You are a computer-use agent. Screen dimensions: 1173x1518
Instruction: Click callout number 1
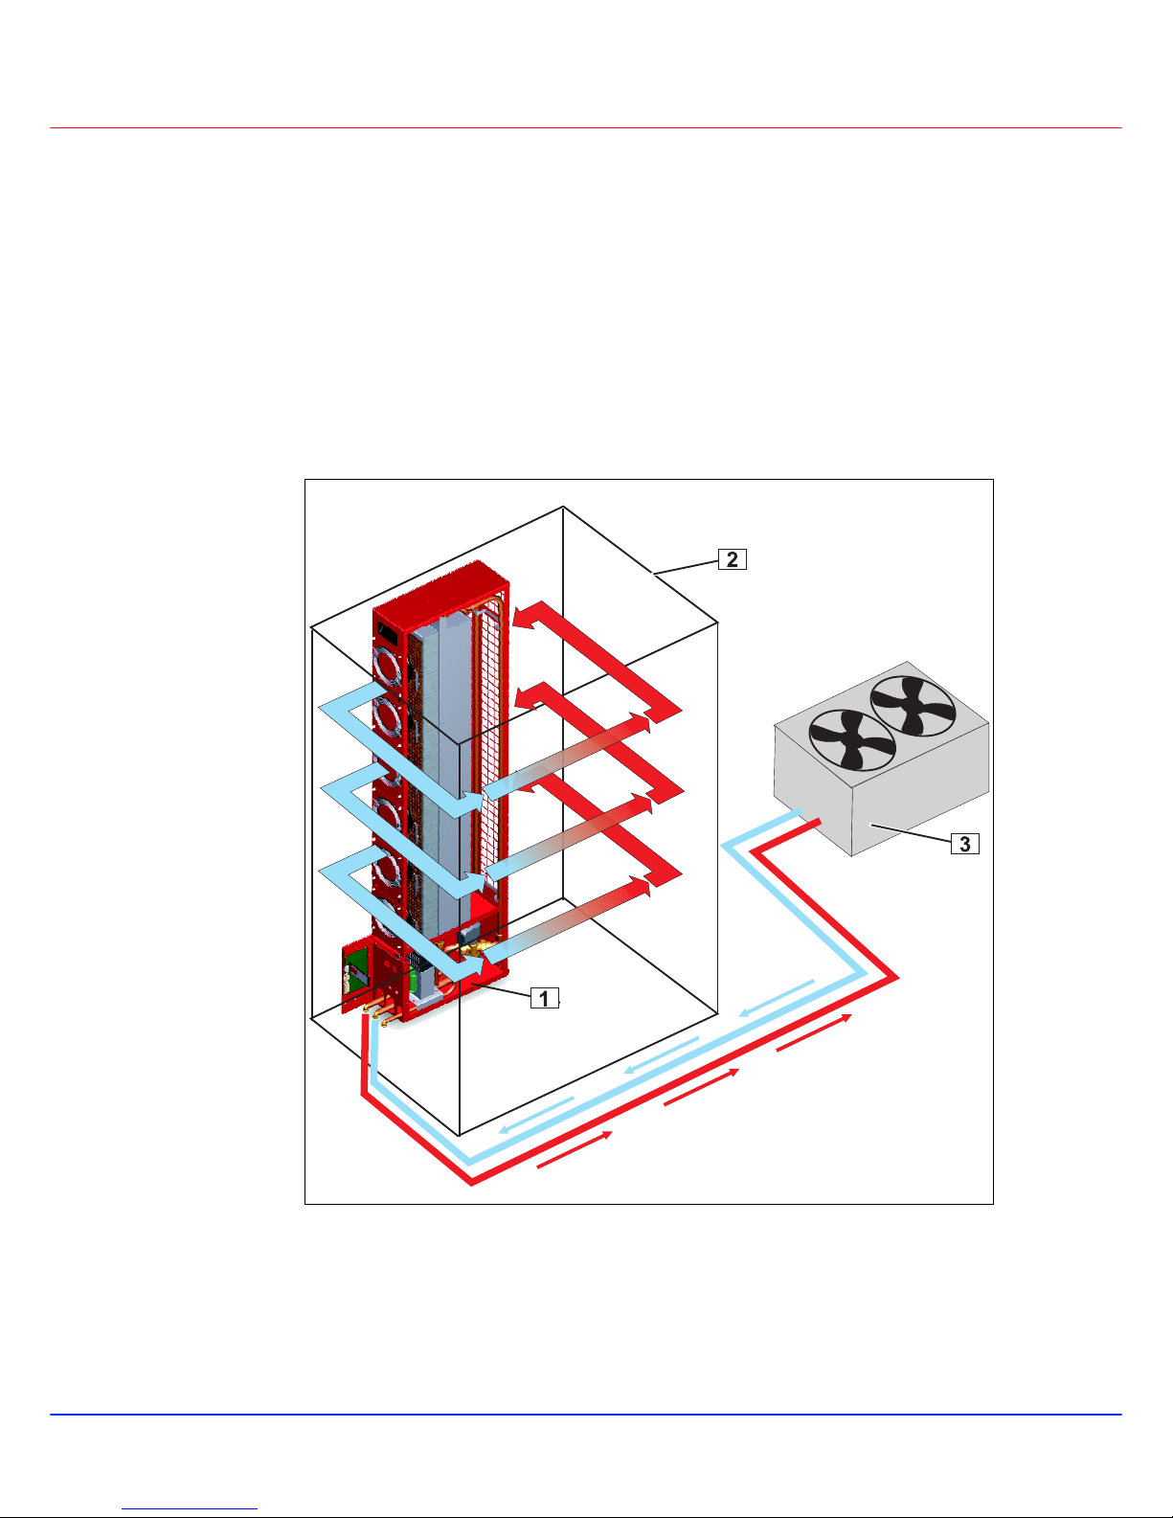[x=544, y=998]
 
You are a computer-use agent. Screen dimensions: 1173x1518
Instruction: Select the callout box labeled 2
[x=732, y=559]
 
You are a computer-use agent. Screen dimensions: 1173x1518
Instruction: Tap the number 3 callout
[x=964, y=844]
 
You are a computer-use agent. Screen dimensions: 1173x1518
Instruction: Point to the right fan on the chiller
[x=914, y=706]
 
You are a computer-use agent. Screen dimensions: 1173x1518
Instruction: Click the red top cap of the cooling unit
[x=440, y=589]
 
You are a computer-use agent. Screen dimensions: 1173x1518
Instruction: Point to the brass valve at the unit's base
[x=474, y=951]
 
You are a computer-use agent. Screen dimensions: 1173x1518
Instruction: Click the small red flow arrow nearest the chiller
[x=814, y=1032]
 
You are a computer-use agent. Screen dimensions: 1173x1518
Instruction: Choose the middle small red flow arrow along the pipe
[x=701, y=1087]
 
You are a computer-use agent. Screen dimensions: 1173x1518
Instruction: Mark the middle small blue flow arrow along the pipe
[x=660, y=1054]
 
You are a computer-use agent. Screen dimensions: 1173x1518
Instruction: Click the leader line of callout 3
[x=910, y=832]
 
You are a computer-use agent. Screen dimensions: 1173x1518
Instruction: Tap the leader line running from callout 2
[x=686, y=566]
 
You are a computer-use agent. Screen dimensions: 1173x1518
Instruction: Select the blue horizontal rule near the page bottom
[x=585, y=1415]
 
